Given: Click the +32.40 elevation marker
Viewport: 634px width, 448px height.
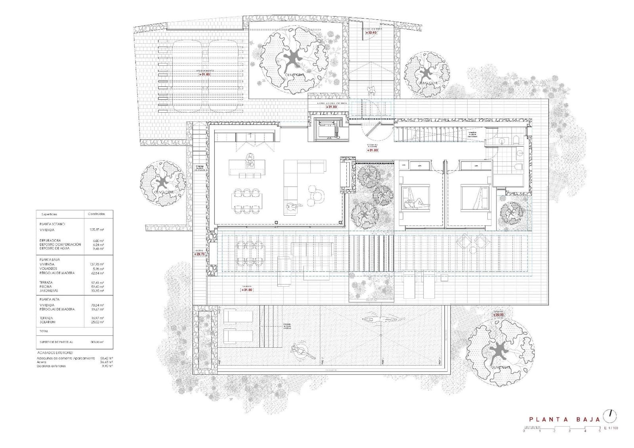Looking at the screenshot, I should tap(371, 33).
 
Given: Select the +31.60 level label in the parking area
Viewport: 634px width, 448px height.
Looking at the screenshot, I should tap(204, 74).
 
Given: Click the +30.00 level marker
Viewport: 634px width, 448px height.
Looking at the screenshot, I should tap(498, 315).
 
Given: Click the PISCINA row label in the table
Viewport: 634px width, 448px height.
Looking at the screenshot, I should tap(46, 286).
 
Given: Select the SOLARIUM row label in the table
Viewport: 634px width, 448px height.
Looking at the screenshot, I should tap(48, 322).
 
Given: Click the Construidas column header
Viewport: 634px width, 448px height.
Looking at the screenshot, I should tap(96, 214).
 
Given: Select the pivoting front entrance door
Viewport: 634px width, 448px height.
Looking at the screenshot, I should tap(372, 128).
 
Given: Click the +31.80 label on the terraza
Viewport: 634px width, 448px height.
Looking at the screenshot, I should tap(246, 290).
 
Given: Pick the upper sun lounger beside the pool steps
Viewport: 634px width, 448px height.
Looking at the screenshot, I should tap(238, 317).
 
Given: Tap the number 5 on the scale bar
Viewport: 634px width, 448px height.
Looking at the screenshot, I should tap(600, 431).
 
